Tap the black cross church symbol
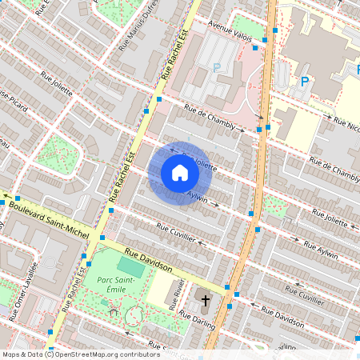205,302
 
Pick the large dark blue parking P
304,81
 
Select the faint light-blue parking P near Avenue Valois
216,68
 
